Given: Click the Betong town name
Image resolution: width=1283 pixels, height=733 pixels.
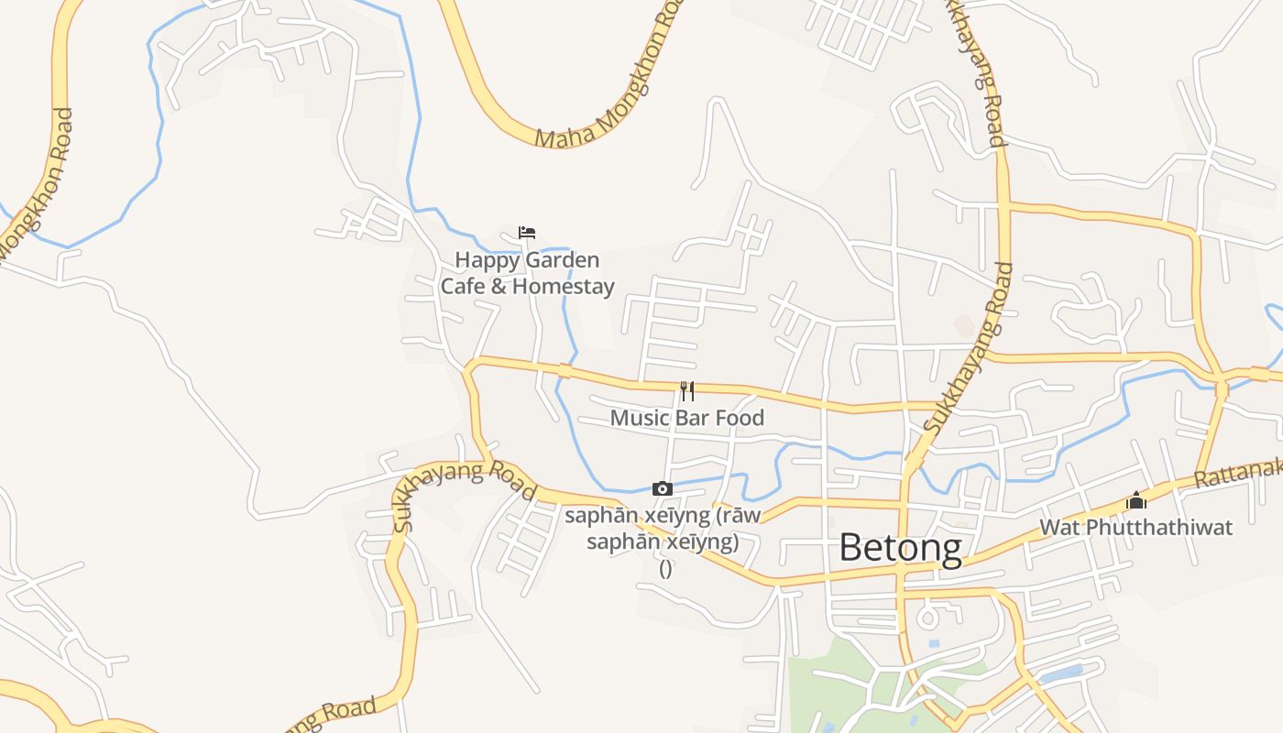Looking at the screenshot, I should tap(900, 548).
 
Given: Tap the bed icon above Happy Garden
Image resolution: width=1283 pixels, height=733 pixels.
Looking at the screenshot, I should tap(527, 233).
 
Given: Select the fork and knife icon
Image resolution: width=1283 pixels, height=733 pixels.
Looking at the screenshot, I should tap(687, 391).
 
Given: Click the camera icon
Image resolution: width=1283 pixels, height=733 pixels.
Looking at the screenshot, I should tap(662, 489).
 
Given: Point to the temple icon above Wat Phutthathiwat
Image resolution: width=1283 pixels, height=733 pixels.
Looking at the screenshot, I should tap(1136, 500).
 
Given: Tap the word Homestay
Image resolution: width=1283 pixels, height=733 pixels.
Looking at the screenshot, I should tap(563, 286).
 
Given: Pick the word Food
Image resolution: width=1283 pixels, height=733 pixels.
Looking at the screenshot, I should tap(740, 418).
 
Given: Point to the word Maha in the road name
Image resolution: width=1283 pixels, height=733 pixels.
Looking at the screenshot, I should tap(560, 135).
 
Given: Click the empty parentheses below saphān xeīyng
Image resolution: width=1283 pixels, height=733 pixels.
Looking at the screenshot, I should tap(666, 568).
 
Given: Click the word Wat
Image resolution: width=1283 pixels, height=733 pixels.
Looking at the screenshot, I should tap(1057, 528).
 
